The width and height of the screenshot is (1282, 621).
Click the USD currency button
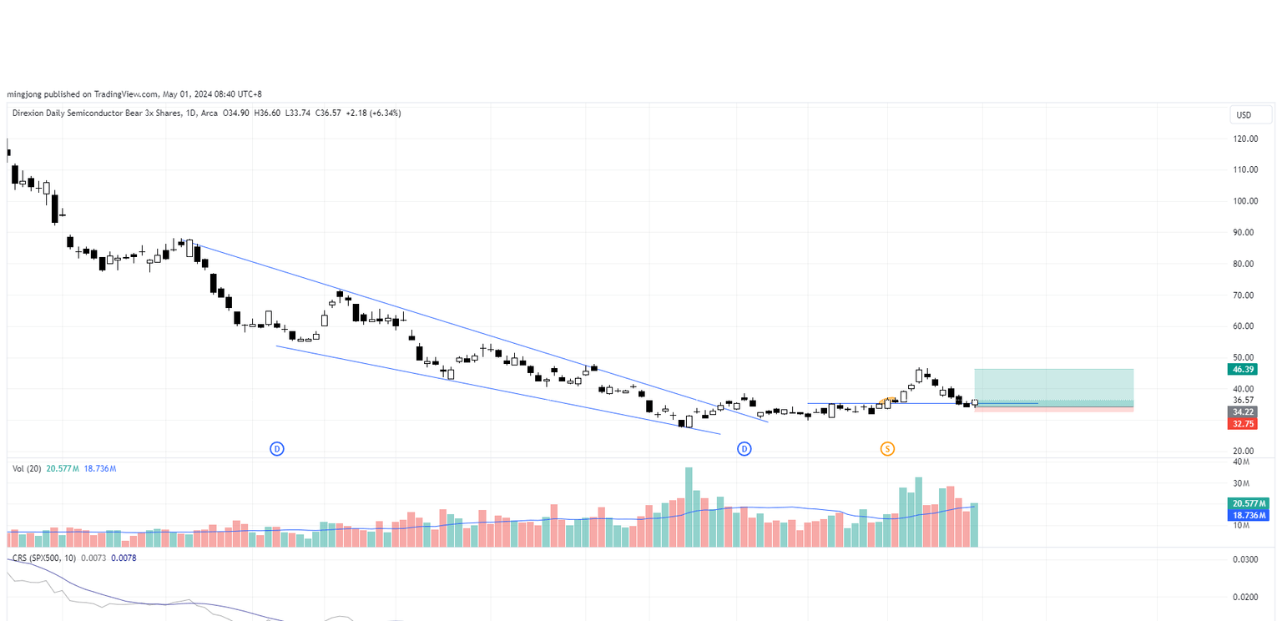click(x=1244, y=114)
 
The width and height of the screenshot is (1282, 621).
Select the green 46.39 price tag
click(x=1242, y=369)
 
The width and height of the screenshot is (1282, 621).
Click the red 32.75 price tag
click(x=1242, y=424)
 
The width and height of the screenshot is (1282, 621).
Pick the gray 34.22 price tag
click(x=1242, y=412)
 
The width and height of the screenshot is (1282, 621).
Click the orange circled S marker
click(x=887, y=449)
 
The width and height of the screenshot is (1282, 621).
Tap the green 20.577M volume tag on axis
click(x=1249, y=503)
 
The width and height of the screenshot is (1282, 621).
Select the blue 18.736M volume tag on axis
click(x=1249, y=516)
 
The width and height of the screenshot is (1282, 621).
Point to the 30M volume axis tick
click(x=1241, y=483)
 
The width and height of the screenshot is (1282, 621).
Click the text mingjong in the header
click(x=23, y=94)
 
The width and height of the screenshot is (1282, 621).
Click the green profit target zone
click(x=1053, y=386)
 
